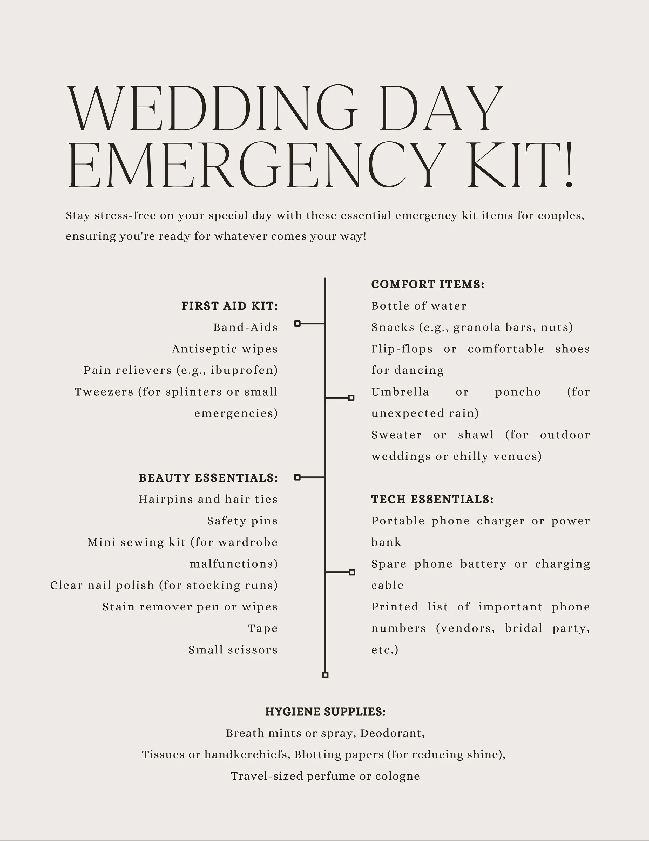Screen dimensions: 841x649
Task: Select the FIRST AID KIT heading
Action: click(230, 306)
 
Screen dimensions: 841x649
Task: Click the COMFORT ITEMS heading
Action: click(427, 285)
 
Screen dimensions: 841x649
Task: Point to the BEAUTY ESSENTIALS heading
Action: click(208, 478)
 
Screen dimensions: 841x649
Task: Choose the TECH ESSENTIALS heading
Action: click(432, 500)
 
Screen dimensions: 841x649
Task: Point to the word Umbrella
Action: click(400, 392)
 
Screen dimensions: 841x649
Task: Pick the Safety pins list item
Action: click(242, 521)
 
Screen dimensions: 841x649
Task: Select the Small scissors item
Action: click(233, 650)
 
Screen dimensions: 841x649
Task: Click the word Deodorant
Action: click(392, 733)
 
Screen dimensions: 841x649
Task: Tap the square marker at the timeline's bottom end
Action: click(325, 675)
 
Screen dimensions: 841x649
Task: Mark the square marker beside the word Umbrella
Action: click(351, 398)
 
